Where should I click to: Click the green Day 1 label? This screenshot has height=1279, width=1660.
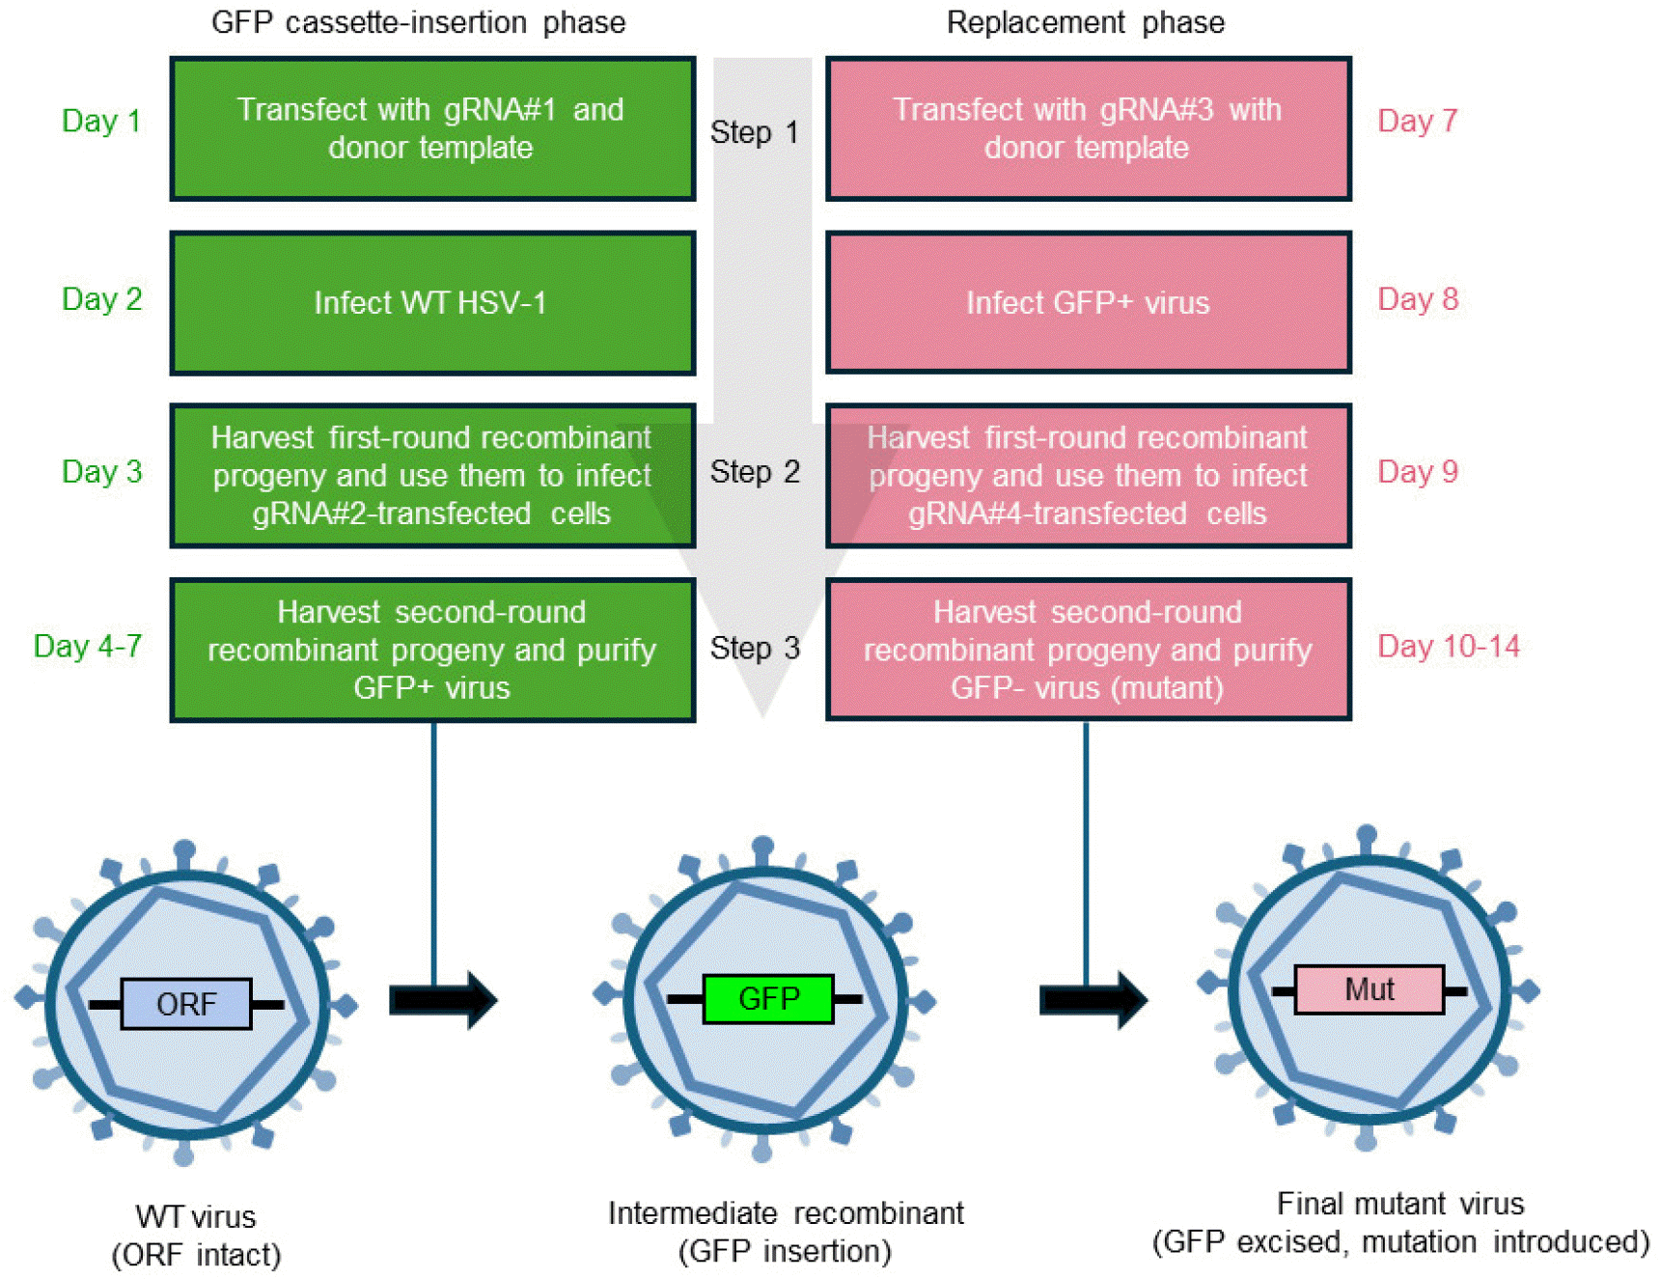pos(101,122)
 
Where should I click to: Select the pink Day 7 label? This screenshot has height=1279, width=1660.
pos(1417,122)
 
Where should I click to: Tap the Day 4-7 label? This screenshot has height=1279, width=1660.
pos(88,646)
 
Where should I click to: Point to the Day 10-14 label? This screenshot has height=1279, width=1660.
pos(1448,646)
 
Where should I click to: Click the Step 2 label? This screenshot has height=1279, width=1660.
pos(755,472)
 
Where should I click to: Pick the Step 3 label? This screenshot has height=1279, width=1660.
pos(755,648)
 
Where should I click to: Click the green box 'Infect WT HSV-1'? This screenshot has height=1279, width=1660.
pos(432,302)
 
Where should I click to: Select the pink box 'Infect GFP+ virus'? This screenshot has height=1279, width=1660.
pos(1088,302)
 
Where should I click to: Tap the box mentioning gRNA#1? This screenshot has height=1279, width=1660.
pos(432,128)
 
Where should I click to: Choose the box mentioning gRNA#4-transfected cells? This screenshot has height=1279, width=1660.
pos(1088,476)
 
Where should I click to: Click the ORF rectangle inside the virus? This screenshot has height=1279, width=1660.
pos(186,1004)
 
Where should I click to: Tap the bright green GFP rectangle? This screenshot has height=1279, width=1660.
pos(768,998)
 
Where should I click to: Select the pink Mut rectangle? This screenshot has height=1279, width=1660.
pos(1369,989)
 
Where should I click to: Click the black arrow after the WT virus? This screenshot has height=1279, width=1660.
pos(443,1000)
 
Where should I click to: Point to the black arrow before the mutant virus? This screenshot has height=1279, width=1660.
pos(1093,1000)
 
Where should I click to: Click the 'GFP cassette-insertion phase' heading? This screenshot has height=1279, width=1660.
pos(418,22)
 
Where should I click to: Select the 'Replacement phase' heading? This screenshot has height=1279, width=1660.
pos(1085,22)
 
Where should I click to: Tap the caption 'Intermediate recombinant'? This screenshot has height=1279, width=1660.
pos(786,1213)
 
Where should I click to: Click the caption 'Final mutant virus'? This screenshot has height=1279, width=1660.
pos(1399,1204)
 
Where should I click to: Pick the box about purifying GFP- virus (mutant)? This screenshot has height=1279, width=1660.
pos(1088,650)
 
